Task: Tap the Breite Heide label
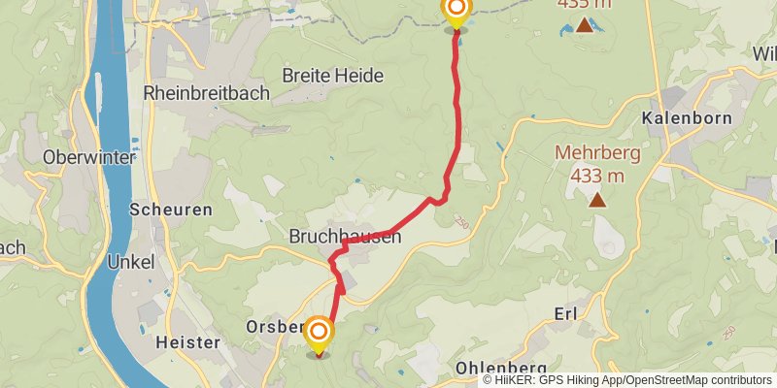[332, 75]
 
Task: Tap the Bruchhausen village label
[345, 236]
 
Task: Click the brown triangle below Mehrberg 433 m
[596, 200]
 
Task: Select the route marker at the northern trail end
[456, 12]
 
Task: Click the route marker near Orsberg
[318, 336]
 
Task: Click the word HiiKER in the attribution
[515, 380]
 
